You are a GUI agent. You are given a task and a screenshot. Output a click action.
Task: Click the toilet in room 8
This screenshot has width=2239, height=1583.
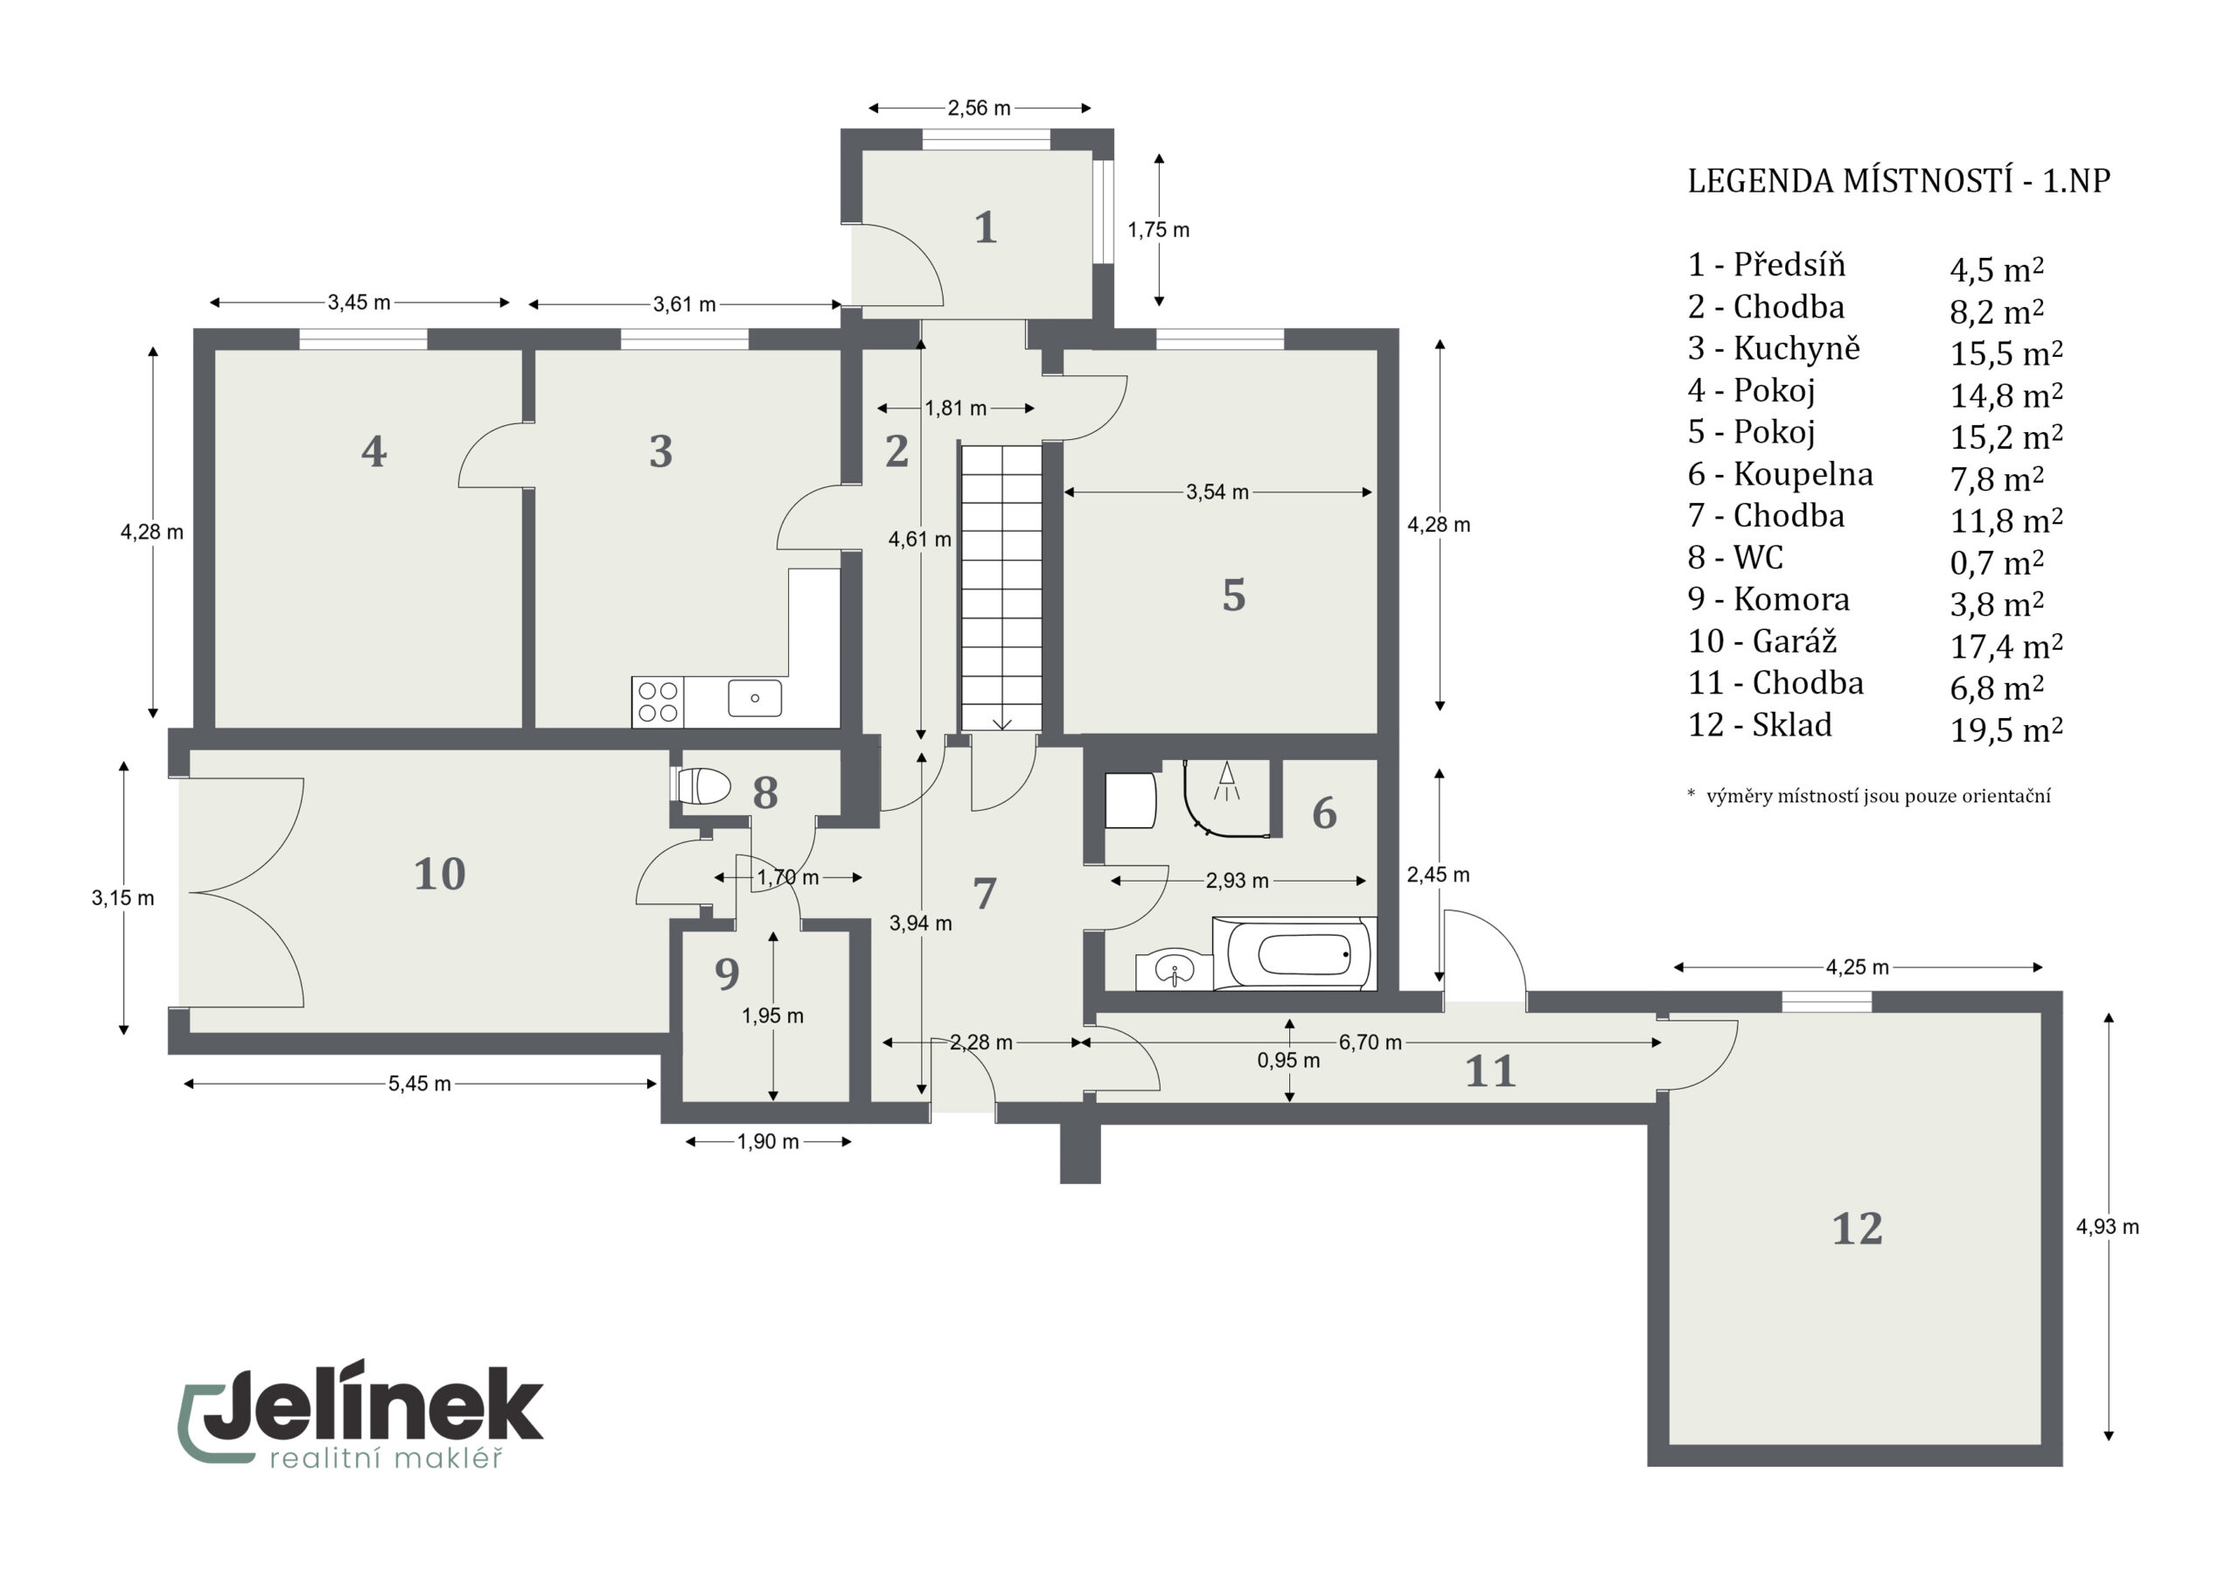(701, 786)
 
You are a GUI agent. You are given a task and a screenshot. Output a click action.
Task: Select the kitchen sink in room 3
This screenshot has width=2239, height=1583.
(755, 698)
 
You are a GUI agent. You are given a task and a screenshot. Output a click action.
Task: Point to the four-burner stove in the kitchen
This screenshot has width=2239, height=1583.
(659, 702)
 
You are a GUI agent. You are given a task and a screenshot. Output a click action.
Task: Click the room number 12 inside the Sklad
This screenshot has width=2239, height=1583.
(1857, 1229)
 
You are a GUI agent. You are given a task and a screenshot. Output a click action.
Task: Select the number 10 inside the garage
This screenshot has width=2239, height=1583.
(440, 874)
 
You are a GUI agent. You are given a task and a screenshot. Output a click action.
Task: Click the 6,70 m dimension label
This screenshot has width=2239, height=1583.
(1371, 1043)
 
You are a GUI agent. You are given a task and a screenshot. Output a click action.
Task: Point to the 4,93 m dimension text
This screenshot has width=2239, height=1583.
(2107, 1227)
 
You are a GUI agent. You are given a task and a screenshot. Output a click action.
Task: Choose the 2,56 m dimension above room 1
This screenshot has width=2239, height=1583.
(979, 108)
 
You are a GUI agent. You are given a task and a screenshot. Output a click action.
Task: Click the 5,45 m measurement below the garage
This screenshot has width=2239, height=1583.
(419, 1084)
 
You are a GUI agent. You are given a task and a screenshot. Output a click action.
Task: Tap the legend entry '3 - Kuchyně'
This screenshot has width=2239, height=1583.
(1774, 348)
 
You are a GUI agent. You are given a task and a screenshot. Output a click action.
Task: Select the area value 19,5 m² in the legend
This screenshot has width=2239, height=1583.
(2006, 729)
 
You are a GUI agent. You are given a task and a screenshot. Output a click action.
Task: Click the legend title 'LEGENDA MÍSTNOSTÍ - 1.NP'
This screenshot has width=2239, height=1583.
(1899, 181)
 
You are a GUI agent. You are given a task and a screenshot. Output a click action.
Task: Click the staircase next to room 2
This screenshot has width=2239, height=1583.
(1001, 588)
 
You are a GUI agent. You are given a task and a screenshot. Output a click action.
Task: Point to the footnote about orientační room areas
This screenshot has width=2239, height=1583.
(1868, 796)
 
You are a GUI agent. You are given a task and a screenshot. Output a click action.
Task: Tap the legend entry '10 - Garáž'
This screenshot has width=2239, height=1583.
(1762, 641)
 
